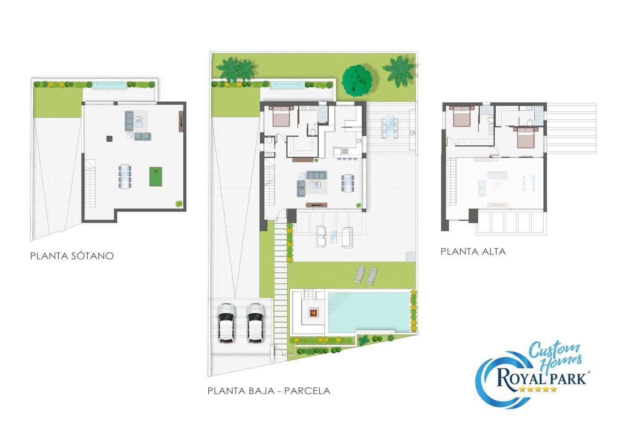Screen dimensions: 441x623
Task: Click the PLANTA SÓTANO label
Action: pyautogui.click(x=72, y=256)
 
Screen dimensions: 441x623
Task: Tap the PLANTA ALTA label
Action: pyautogui.click(x=473, y=251)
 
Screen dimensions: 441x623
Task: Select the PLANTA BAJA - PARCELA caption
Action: pyautogui.click(x=269, y=391)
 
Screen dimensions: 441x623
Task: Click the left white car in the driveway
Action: pyautogui.click(x=226, y=323)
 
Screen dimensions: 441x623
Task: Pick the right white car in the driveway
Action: pyautogui.click(x=255, y=323)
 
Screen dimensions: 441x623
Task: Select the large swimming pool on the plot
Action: pyautogui.click(x=368, y=312)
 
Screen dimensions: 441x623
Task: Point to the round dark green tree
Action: pyautogui.click(x=357, y=81)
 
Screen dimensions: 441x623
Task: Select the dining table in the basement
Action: pyautogui.click(x=125, y=176)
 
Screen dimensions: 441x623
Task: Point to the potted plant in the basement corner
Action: pyautogui.click(x=179, y=204)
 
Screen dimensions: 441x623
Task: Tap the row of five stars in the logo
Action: pyautogui.click(x=537, y=389)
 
